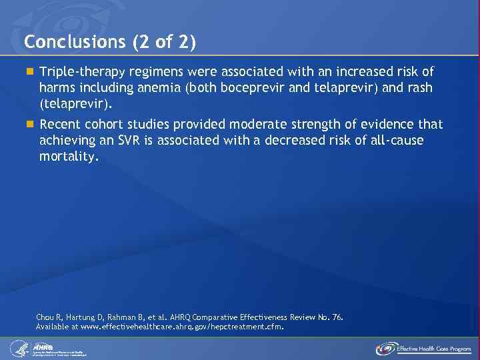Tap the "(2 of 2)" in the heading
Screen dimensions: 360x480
[x=164, y=43]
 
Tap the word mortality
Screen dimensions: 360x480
[x=69, y=157]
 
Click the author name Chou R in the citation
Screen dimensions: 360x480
[x=48, y=317]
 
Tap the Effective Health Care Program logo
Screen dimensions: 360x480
[x=423, y=348]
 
